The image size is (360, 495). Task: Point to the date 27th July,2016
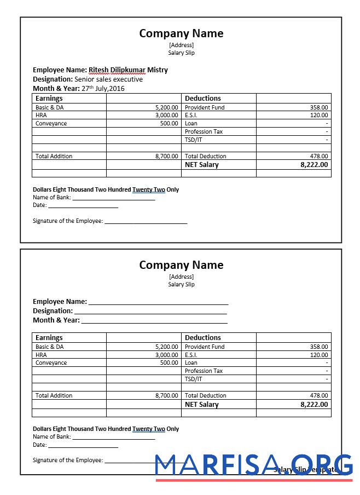103,88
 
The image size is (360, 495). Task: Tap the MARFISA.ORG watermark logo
254,465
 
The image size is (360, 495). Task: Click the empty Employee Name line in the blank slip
158,302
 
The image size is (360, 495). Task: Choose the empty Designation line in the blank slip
150,311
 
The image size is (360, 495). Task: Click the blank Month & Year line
154,320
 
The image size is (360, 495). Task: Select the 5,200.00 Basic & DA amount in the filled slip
166,108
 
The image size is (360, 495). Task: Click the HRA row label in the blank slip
41,355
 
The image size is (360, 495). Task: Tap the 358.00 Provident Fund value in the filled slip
319,108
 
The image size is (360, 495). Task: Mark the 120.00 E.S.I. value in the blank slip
319,355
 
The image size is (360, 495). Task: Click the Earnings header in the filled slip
49,99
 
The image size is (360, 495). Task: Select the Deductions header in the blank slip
202,338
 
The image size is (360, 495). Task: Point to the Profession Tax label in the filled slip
204,132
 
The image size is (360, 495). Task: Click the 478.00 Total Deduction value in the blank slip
319,395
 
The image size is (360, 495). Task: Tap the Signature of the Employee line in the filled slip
146,221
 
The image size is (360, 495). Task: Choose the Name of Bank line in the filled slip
114,198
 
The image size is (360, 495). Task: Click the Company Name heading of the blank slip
181,265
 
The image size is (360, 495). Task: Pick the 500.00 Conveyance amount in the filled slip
169,124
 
